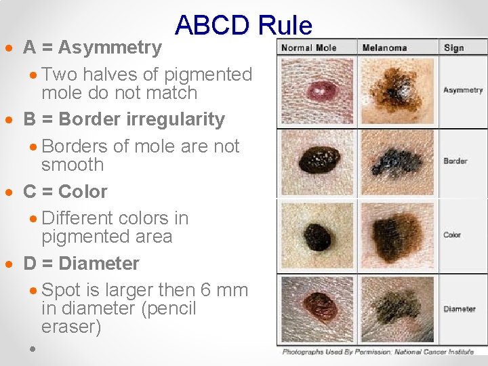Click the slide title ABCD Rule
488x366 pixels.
(243, 26)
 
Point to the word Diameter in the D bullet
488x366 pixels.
(100, 264)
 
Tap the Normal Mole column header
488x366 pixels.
(308, 47)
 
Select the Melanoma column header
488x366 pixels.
(384, 47)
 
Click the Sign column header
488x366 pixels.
(453, 47)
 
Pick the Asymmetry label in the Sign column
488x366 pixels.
(462, 90)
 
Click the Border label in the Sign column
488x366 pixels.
(455, 161)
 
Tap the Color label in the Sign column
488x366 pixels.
(452, 235)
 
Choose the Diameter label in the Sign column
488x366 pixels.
(460, 309)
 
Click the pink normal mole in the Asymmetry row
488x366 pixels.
(317, 91)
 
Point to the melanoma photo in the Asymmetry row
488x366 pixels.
(396, 91)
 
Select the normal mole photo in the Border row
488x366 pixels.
(318, 163)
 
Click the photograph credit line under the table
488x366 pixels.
(380, 352)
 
